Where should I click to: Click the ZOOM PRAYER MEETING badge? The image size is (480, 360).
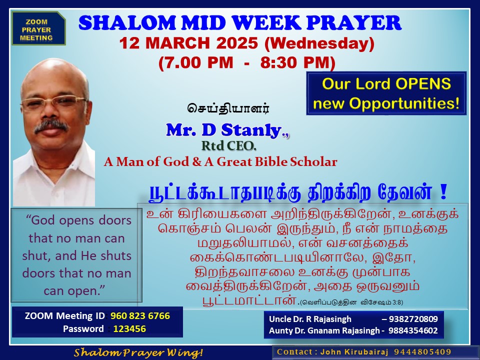(x=38, y=28)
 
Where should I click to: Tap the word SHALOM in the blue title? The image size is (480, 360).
(x=126, y=23)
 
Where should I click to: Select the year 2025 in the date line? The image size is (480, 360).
(x=237, y=43)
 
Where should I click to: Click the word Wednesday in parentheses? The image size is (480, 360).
(x=319, y=43)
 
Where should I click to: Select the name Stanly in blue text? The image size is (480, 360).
(x=251, y=130)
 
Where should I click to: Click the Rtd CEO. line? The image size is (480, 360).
(x=228, y=146)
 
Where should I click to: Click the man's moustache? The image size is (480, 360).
(x=51, y=126)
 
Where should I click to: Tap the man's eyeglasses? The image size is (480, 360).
(x=53, y=102)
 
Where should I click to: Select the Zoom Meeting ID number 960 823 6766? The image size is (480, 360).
(x=140, y=316)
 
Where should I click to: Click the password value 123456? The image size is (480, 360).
(x=130, y=329)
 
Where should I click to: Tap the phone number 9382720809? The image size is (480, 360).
(x=413, y=319)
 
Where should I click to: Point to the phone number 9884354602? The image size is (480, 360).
(x=413, y=330)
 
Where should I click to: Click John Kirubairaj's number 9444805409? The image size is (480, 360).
(x=423, y=352)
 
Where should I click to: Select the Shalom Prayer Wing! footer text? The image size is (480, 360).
(x=138, y=352)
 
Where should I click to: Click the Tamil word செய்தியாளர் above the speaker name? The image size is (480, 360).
(x=228, y=108)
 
